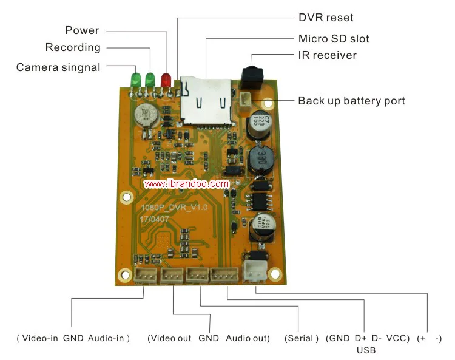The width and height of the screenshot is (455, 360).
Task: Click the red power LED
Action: (x=166, y=80)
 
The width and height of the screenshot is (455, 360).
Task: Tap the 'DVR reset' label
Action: (x=325, y=18)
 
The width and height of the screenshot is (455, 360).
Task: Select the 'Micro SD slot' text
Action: (x=334, y=39)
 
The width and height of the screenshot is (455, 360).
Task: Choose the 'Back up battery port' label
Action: (x=351, y=101)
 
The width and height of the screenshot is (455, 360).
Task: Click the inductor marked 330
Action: (x=255, y=158)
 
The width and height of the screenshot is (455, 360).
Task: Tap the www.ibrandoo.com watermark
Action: (x=186, y=183)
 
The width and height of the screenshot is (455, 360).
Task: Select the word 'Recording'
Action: (x=73, y=47)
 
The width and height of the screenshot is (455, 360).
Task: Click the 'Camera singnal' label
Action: (x=58, y=67)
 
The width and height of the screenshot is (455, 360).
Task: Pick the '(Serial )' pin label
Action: (x=301, y=338)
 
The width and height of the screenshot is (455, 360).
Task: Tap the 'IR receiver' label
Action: (x=327, y=56)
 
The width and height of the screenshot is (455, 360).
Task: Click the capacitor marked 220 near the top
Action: (x=256, y=124)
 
